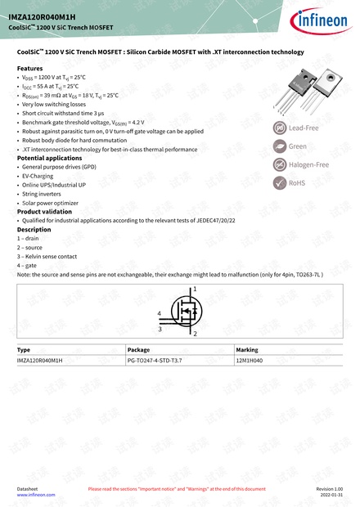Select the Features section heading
tap(29, 68)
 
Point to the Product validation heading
tap(43, 211)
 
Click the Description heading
tap(34, 230)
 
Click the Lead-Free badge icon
tap(279, 128)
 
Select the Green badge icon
tap(279, 146)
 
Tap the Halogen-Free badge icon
tap(279, 164)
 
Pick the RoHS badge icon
tap(279, 182)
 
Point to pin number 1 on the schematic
tap(195, 289)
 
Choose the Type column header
tap(24, 349)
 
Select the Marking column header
tap(246, 349)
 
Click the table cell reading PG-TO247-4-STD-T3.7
tap(155, 360)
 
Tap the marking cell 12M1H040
tap(248, 360)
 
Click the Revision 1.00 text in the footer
tap(329, 488)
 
